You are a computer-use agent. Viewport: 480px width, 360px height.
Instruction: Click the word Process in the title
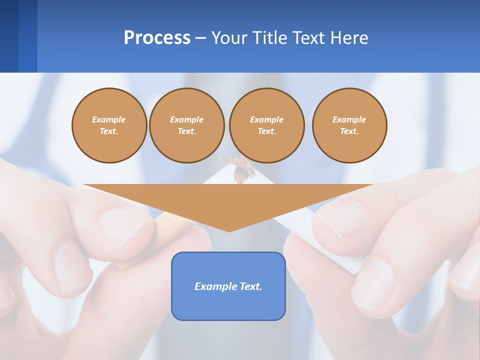(157, 38)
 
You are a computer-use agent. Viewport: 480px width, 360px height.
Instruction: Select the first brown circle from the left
(109, 125)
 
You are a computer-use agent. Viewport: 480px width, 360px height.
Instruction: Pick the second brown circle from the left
(186, 125)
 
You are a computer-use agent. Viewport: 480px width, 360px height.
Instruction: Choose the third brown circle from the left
(266, 125)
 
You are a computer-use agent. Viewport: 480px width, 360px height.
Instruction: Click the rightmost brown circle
(349, 125)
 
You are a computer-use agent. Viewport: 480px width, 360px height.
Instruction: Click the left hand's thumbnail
(125, 225)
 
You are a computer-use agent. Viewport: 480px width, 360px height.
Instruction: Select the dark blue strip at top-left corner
(9, 36)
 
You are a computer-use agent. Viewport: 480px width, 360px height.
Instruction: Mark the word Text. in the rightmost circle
(349, 131)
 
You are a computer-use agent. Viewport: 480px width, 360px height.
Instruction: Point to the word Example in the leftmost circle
(109, 119)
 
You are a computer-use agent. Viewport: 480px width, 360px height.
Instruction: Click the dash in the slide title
(201, 38)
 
